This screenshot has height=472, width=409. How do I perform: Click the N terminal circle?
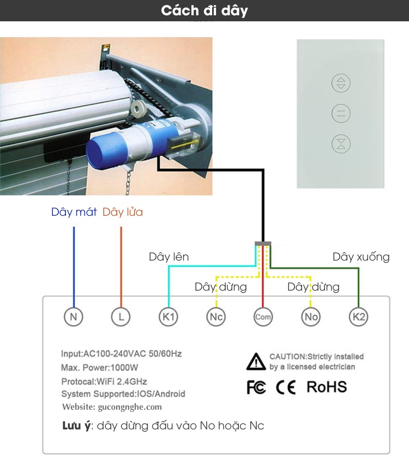coord(74,316)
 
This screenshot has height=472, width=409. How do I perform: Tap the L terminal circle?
coord(121,316)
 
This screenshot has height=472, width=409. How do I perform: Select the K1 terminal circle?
coord(168,316)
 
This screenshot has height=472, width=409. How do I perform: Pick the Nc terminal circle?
coord(216,316)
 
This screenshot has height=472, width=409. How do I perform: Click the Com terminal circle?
coord(263,316)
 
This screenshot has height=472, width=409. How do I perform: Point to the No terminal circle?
coord(311,316)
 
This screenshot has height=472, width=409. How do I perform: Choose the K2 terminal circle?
coord(358,316)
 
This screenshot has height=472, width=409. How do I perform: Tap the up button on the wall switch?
coord(341,83)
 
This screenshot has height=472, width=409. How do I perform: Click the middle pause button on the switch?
coord(341,114)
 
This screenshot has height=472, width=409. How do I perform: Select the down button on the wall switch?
coord(341,144)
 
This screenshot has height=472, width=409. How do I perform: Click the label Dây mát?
coord(74,212)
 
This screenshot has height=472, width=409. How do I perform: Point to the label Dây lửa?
coord(123,212)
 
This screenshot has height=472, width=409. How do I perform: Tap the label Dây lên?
coord(169,257)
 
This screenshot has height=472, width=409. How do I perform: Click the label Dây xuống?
coord(361,257)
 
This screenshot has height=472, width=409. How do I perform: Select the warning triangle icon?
coord(256,362)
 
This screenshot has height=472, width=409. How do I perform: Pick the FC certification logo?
coord(256,387)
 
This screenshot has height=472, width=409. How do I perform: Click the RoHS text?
coord(327,387)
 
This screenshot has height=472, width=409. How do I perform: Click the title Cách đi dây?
coord(204,10)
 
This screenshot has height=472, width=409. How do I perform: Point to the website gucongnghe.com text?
coord(112,407)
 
